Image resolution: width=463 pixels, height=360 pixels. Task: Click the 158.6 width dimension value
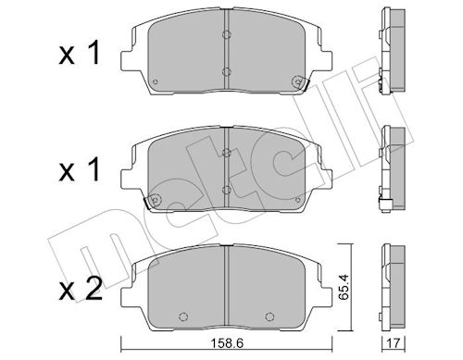(227, 343)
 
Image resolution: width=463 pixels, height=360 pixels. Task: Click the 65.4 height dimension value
(343, 287)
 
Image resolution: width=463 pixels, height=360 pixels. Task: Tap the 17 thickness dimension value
(394, 342)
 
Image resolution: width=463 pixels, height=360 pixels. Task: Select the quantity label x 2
(81, 290)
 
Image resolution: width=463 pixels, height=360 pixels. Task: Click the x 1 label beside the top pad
(80, 53)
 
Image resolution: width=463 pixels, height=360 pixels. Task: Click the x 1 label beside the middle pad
(80, 169)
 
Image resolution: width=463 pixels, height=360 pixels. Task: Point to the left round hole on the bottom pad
(183, 317)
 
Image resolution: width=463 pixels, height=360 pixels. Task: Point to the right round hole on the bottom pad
(269, 317)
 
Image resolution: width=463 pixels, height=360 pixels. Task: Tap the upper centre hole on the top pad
(227, 34)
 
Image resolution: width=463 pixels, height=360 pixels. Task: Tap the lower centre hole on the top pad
(227, 72)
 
